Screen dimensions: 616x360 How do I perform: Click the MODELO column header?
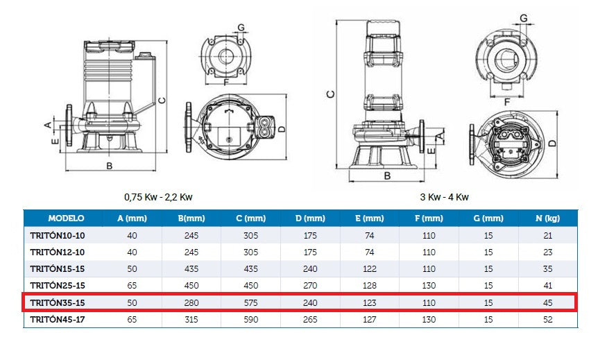coord(66,218)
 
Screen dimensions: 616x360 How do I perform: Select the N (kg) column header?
coord(547,218)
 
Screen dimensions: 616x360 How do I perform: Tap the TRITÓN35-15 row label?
coord(58,302)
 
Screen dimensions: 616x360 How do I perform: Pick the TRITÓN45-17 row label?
coord(58,319)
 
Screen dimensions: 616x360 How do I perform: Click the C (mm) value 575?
coord(250,302)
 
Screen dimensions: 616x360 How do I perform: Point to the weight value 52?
coord(547,319)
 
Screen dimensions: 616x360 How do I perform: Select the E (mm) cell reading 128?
coord(369,285)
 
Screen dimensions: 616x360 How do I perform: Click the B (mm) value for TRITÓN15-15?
coord(191,269)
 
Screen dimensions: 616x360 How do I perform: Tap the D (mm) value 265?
coord(310,319)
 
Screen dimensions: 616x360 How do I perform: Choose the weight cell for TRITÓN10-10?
coord(547,235)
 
